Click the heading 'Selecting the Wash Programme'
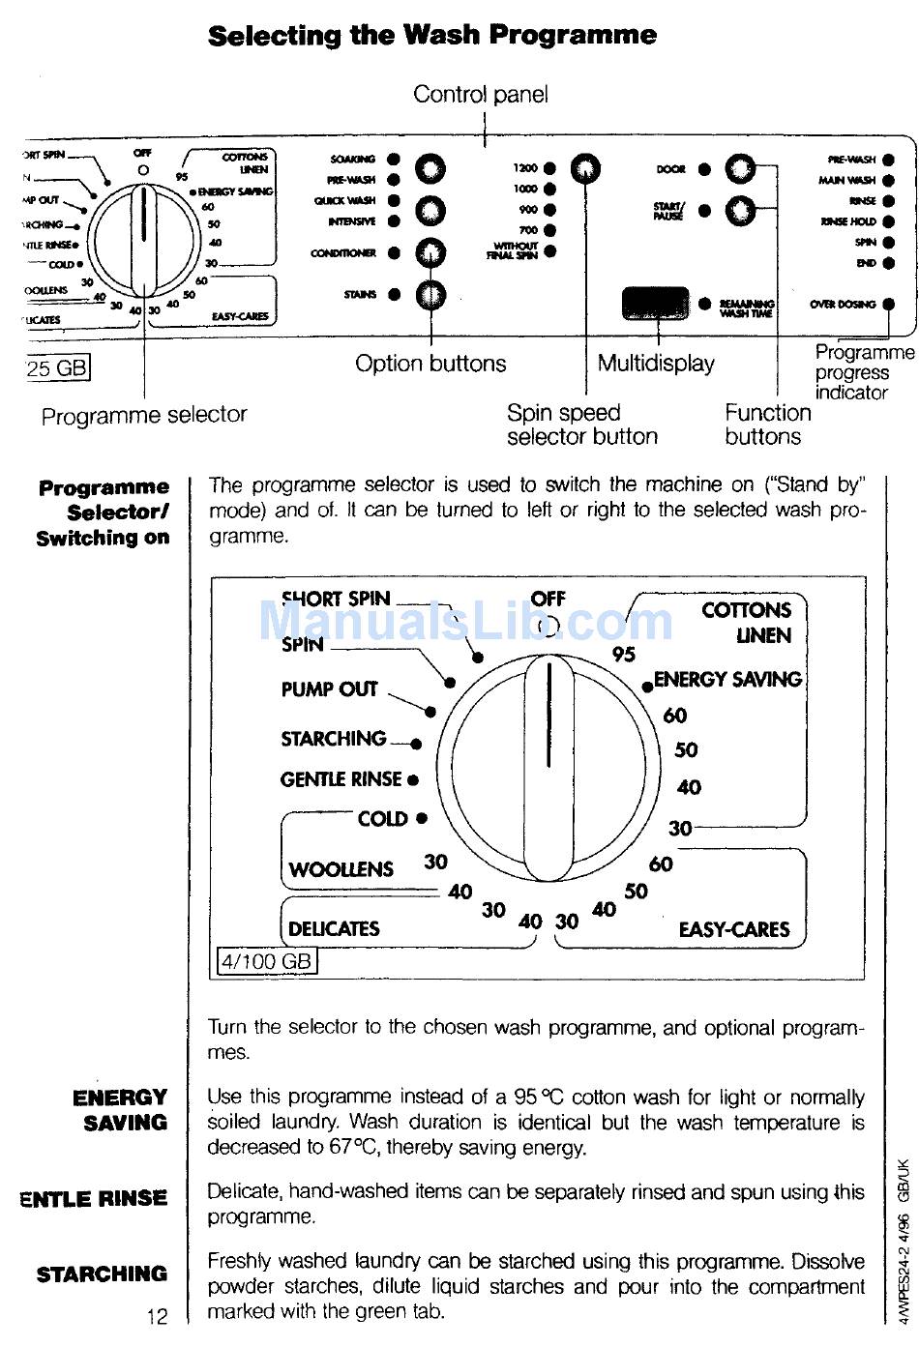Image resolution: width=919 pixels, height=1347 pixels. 432,36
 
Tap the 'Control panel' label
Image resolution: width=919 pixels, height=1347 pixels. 480,94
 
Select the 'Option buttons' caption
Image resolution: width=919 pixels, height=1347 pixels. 430,364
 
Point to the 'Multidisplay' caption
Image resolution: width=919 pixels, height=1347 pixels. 656,364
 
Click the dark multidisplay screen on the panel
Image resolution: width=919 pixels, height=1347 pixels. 656,304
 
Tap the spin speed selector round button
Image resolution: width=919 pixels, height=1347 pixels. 584,169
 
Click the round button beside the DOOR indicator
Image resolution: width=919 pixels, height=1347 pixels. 740,169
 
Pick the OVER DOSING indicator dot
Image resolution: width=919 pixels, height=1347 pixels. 888,304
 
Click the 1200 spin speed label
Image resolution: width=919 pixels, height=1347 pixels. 525,168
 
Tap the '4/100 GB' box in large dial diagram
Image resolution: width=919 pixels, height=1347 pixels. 267,961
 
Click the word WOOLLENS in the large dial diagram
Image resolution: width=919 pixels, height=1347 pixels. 341,869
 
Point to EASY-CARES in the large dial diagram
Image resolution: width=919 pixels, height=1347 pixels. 734,930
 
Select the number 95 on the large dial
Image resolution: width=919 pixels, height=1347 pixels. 624,655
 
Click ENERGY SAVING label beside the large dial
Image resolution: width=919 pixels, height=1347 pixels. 727,680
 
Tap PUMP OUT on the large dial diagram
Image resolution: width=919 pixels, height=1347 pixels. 329,689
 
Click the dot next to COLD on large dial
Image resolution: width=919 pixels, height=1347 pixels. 421,818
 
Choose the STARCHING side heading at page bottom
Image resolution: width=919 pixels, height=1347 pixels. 102,1274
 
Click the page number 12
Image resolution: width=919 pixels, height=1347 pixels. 157,1317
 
